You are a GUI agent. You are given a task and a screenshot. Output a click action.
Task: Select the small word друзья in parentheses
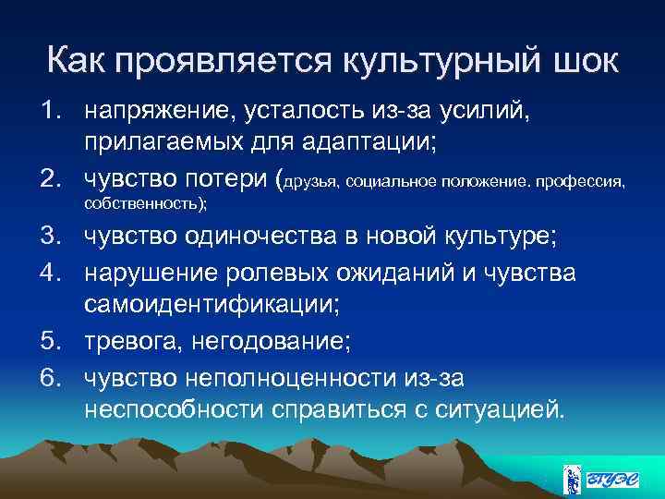(313, 183)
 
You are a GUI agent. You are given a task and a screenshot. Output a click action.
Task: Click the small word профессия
(584, 183)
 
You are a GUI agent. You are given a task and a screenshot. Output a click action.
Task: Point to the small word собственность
(143, 204)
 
